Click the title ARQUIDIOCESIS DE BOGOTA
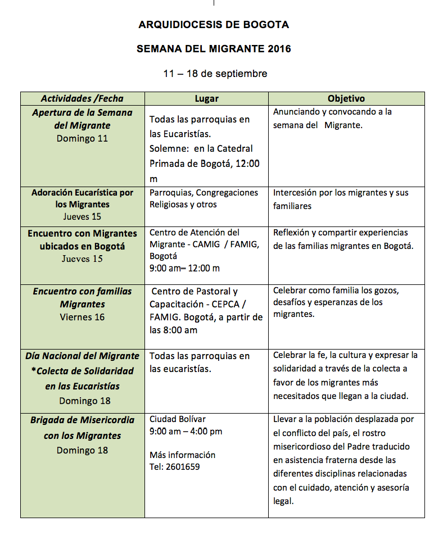coord(214,25)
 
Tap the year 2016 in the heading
coord(279,49)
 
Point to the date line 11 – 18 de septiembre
coord(215,74)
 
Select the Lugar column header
coord(206,99)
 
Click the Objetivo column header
coord(346,99)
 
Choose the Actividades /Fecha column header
coord(82,99)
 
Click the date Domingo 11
coord(82,138)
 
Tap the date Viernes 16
coord(82,317)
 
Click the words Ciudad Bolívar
coord(178,419)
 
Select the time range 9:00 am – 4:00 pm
coord(186,432)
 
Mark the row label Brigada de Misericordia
coord(82,421)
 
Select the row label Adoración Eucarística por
coord(82,193)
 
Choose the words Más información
coord(182,455)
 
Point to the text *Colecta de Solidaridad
coord(82,371)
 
